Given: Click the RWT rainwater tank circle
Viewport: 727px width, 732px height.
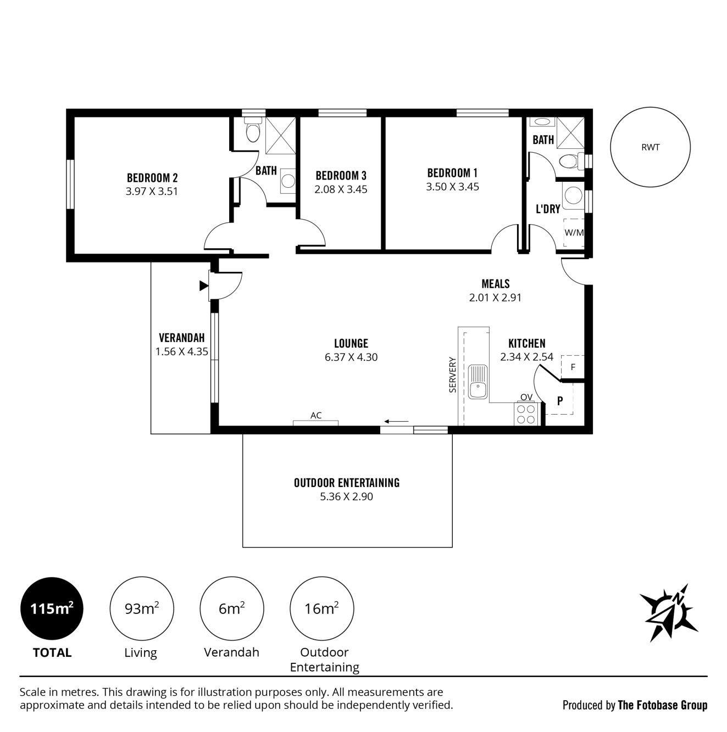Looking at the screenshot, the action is coord(650,108).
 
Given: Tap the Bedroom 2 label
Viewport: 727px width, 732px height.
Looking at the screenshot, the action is coord(152,178).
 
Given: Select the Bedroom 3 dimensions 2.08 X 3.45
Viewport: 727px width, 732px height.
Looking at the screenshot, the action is coord(341,189).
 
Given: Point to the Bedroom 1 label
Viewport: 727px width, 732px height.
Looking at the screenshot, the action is coord(452,173).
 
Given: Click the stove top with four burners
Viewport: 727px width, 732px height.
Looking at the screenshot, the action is coord(526,414).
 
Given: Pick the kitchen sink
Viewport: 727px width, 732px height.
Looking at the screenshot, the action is coord(478,382).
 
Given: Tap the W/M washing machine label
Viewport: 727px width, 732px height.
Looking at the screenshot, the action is coord(574,232).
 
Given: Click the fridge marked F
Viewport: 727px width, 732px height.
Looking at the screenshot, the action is coord(573,367).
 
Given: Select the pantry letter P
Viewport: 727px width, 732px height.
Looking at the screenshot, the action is coord(560,400).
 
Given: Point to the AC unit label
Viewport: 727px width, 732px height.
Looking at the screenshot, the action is coord(316,415).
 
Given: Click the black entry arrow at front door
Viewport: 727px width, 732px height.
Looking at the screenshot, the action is coord(204,286).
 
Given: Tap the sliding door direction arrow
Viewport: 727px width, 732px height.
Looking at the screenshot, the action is coord(396,421).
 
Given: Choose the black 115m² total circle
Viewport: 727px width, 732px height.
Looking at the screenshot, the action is coord(52,608).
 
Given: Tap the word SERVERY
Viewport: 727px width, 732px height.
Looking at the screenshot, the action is coord(452,375).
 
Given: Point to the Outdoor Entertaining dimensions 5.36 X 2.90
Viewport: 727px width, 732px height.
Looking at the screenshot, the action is coord(346,496).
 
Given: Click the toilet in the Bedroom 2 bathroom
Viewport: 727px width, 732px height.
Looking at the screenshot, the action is coord(252,130).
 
